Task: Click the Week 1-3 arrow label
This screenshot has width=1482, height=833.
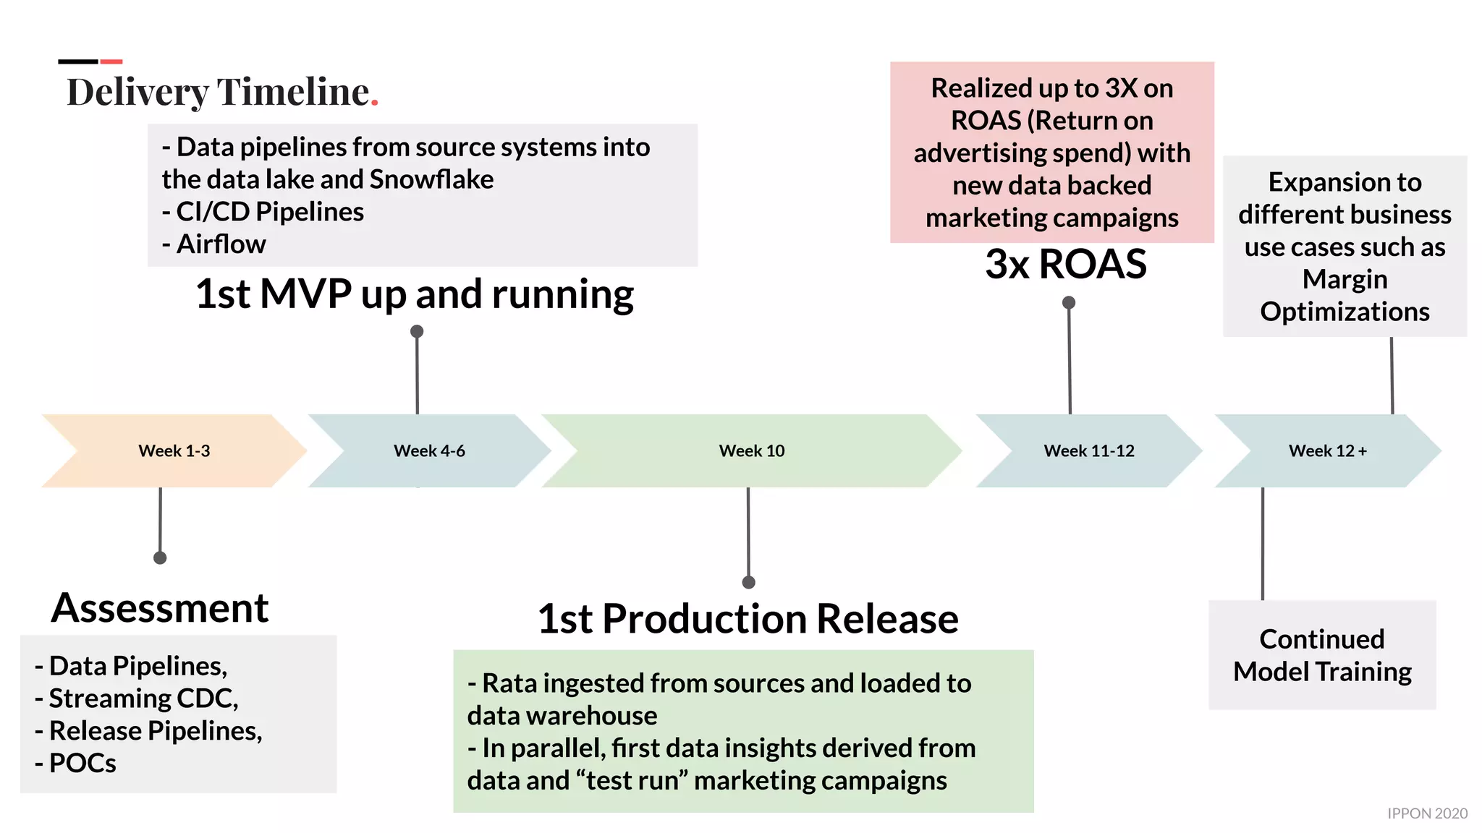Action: [174, 450]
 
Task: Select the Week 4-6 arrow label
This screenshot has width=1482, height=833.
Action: [429, 450]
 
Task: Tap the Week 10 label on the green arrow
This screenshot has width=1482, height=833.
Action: [751, 450]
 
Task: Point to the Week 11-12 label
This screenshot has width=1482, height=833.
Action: [1088, 450]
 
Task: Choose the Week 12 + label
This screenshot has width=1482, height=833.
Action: [1327, 450]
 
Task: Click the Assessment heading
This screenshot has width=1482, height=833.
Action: [160, 607]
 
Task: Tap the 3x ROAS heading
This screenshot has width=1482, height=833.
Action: [1065, 264]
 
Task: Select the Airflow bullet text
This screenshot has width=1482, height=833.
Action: [221, 244]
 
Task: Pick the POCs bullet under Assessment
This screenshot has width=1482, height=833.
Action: [82, 763]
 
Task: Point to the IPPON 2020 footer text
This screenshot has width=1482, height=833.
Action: [1426, 813]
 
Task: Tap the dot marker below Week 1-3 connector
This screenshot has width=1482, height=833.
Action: [160, 558]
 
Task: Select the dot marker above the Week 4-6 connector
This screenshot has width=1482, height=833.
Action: [417, 331]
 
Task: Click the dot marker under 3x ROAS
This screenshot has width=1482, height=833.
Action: [1068, 302]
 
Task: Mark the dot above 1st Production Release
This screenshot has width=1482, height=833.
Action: [749, 582]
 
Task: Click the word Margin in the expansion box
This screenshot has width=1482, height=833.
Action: [1345, 279]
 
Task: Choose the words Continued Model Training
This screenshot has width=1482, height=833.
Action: [1322, 655]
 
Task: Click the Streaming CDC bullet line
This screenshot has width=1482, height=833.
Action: [143, 699]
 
